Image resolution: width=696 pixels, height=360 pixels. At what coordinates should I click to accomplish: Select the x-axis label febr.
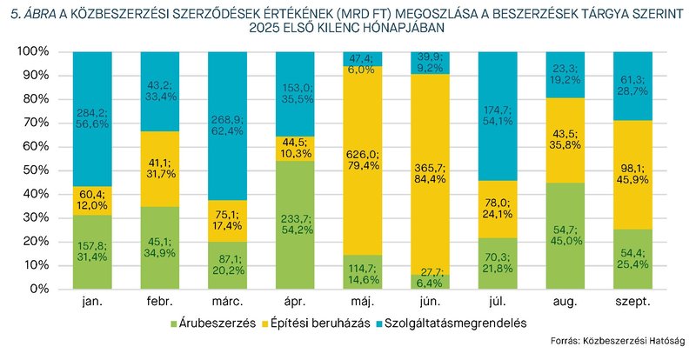click(x=161, y=301)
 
